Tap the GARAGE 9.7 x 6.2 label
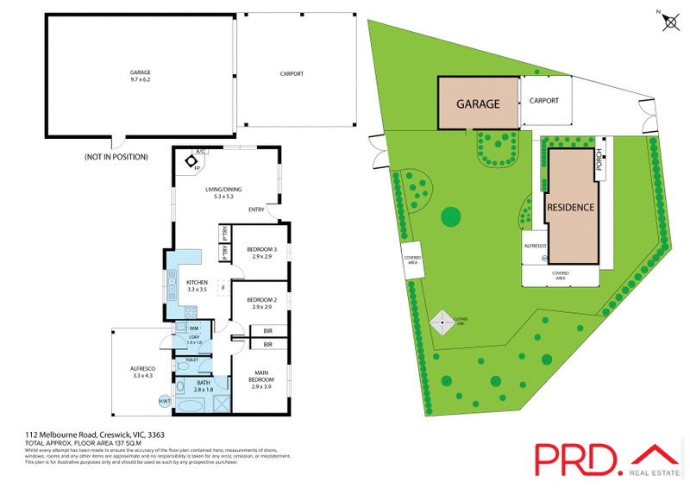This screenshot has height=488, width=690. click(140, 75)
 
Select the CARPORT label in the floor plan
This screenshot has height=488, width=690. click(292, 74)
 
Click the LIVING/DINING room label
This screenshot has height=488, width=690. click(223, 193)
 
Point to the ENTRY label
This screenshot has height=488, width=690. click(256, 210)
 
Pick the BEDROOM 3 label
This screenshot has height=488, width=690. click(262, 253)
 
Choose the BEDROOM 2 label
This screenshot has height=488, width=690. click(262, 303)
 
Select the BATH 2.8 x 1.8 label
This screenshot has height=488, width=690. click(204, 386)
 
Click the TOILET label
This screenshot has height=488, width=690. click(191, 360)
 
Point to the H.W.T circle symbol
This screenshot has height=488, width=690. click(165, 401)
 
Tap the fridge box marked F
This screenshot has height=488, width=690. click(224, 287)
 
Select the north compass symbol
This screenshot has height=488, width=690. click(668, 21)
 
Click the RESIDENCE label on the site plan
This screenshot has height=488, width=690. click(570, 208)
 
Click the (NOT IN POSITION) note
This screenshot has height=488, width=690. click(116, 157)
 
